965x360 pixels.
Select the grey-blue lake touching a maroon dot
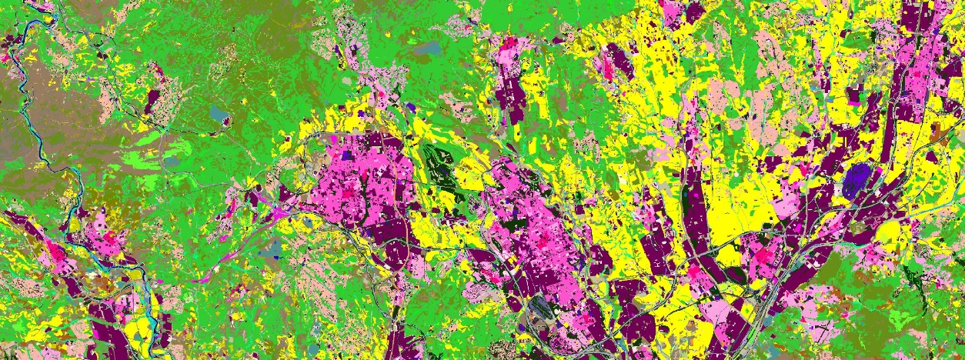(x=219, y=115)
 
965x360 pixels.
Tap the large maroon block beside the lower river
(x=104, y=323)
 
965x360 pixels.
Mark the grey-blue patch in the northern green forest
(x=428, y=49)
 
